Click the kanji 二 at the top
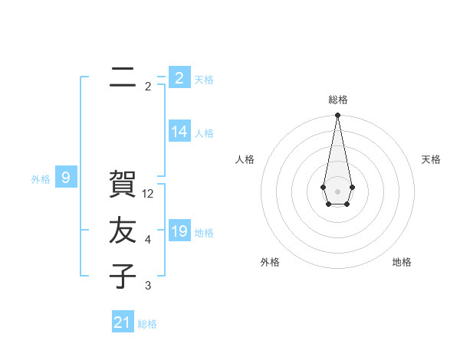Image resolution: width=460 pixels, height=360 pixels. coord(123,76)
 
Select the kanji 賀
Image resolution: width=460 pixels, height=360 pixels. coord(123,184)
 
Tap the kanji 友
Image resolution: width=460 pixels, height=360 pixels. coord(123,230)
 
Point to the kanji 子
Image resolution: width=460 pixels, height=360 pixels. coord(123,276)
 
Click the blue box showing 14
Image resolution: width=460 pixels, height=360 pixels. coord(179,132)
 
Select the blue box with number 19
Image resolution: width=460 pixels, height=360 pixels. coord(179,231)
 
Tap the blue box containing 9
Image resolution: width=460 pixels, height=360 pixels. coord(66,178)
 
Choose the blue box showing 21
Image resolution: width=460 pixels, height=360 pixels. coord(123,322)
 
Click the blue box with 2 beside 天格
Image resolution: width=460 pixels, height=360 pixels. coord(179,78)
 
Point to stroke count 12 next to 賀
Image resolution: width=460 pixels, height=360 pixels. coord(149,194)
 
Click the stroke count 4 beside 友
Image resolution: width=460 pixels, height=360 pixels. coord(148,240)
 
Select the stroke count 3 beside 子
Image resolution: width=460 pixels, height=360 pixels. coord(148,286)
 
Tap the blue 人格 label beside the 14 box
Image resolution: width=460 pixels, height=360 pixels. coord(204,133)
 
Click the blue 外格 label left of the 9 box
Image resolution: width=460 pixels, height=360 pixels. coord(41,179)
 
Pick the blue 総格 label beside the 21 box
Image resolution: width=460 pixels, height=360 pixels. coord(147,324)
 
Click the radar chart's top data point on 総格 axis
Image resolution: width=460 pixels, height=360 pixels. coord(337,116)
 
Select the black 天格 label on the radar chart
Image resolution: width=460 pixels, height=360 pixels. coord(431,159)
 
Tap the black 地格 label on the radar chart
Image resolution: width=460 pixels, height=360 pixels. coord(402,262)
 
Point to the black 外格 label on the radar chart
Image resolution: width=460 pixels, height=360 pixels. coord(270,262)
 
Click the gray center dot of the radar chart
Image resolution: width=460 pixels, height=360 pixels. coord(337,190)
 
